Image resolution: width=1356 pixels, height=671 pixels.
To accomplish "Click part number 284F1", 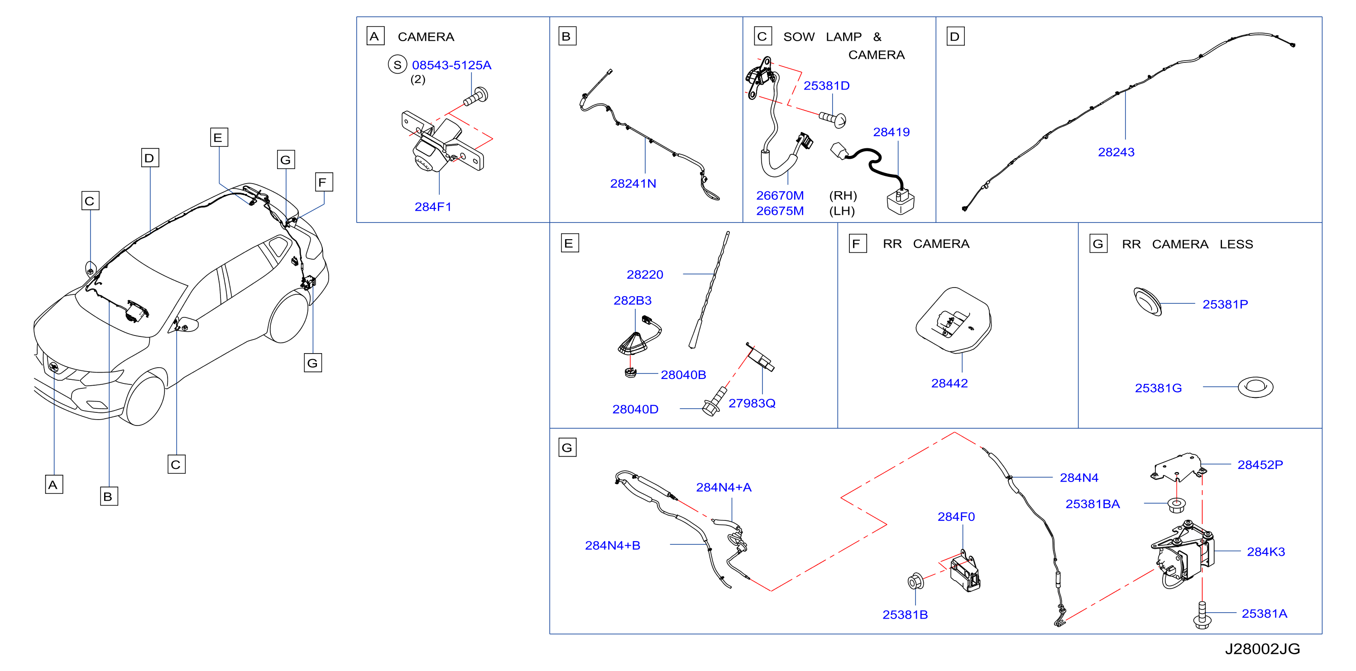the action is [433, 207].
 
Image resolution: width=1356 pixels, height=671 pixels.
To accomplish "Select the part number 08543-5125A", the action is [452, 65].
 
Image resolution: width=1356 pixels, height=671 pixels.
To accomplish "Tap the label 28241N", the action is [633, 184].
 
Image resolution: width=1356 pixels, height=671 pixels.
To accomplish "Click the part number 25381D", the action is [826, 86].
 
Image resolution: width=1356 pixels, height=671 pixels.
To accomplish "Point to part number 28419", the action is [891, 132].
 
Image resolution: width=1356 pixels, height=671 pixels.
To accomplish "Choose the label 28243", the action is [1116, 152].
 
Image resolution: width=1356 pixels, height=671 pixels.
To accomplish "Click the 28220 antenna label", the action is [645, 274].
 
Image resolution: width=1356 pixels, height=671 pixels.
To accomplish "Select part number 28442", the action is [949, 383].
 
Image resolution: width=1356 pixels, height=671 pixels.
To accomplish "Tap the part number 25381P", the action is [1225, 304].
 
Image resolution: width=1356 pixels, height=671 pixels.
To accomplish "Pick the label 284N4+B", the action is [612, 545].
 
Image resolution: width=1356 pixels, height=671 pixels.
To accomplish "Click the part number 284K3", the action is [1265, 552].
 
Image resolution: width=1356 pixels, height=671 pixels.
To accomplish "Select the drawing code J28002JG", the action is [1262, 649].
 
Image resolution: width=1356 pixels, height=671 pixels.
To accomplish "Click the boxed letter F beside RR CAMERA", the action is [858, 244].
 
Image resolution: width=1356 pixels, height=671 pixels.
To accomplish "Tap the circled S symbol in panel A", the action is [398, 65].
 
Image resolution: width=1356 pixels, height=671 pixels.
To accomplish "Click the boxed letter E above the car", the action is [219, 138].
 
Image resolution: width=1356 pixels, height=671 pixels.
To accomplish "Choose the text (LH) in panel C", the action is [842, 211].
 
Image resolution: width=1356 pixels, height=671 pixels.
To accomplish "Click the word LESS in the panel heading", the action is [1236, 244].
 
